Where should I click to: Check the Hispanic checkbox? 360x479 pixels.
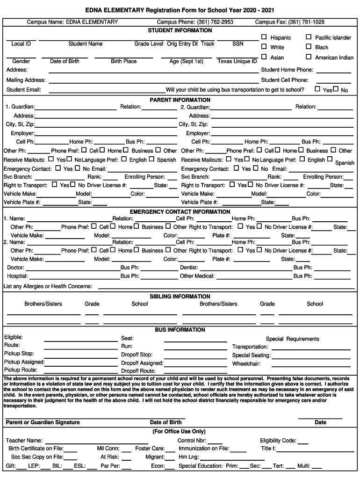pyautogui.click(x=264, y=37)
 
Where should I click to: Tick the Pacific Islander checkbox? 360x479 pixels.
pyautogui.click(x=309, y=37)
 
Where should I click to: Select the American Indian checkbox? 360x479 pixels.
pyautogui.click(x=309, y=57)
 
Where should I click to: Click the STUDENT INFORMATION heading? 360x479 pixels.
pyautogui.click(x=180, y=30)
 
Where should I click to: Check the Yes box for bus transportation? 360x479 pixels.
pyautogui.click(x=317, y=89)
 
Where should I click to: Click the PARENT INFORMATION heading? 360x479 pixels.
pyautogui.click(x=180, y=100)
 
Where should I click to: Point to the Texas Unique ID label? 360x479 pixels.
pyautogui.click(x=237, y=61)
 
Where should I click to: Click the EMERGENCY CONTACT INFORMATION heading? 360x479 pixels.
pyautogui.click(x=180, y=211)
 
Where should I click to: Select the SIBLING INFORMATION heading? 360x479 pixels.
pyautogui.click(x=180, y=297)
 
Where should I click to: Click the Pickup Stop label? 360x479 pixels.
pyautogui.click(x=19, y=354)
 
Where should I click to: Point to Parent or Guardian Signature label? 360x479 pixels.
pyautogui.click(x=43, y=422)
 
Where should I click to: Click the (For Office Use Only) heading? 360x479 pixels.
pyautogui.click(x=179, y=431)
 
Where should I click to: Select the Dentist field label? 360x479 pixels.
pyautogui.click(x=189, y=268)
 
